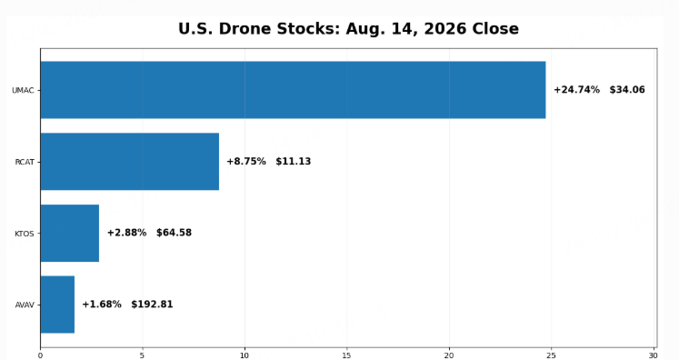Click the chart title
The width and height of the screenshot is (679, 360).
coord(348,29)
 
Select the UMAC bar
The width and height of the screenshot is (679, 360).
coord(294,90)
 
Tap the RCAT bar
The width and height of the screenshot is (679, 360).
coord(129,161)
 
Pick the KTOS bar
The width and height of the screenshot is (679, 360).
coord(70,233)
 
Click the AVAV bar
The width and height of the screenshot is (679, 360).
coord(57,305)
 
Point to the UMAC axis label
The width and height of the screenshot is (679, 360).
coord(23,91)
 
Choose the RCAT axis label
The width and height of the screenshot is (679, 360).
coord(25,162)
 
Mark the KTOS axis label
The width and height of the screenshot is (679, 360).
coord(25,234)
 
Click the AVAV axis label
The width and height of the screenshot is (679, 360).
coord(25,305)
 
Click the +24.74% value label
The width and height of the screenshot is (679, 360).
coord(577,90)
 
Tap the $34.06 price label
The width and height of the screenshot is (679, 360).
coord(627,90)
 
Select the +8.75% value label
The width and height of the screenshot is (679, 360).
coord(246,161)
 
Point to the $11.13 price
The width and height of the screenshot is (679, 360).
coord(294,161)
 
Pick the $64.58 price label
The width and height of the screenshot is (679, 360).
coord(174,233)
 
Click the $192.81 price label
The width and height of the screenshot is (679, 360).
coord(152,305)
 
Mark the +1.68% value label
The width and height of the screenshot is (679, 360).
coord(102,305)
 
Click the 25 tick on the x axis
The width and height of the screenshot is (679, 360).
coord(551,355)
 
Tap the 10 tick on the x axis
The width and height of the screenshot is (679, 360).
coord(245,355)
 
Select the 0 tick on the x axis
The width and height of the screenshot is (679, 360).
coord(40,355)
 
